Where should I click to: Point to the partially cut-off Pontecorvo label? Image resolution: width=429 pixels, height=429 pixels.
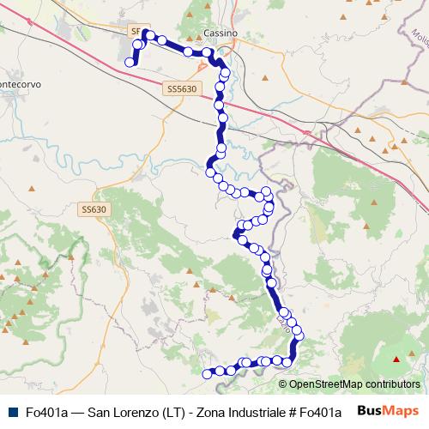coord(21,85)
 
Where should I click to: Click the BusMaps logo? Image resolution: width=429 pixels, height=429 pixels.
coord(387,411)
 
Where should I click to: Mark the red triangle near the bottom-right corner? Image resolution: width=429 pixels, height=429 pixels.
coord(397,360)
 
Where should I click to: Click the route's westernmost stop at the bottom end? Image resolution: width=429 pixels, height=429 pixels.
coord(206,373)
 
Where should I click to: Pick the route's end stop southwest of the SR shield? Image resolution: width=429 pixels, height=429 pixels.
coord(130,62)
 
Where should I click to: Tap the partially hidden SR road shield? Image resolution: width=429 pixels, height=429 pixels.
coord(136,31)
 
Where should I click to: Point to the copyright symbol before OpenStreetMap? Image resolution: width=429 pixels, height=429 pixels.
coord(282,384)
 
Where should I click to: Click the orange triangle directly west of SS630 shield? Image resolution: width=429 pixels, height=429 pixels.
coord(32,187)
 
